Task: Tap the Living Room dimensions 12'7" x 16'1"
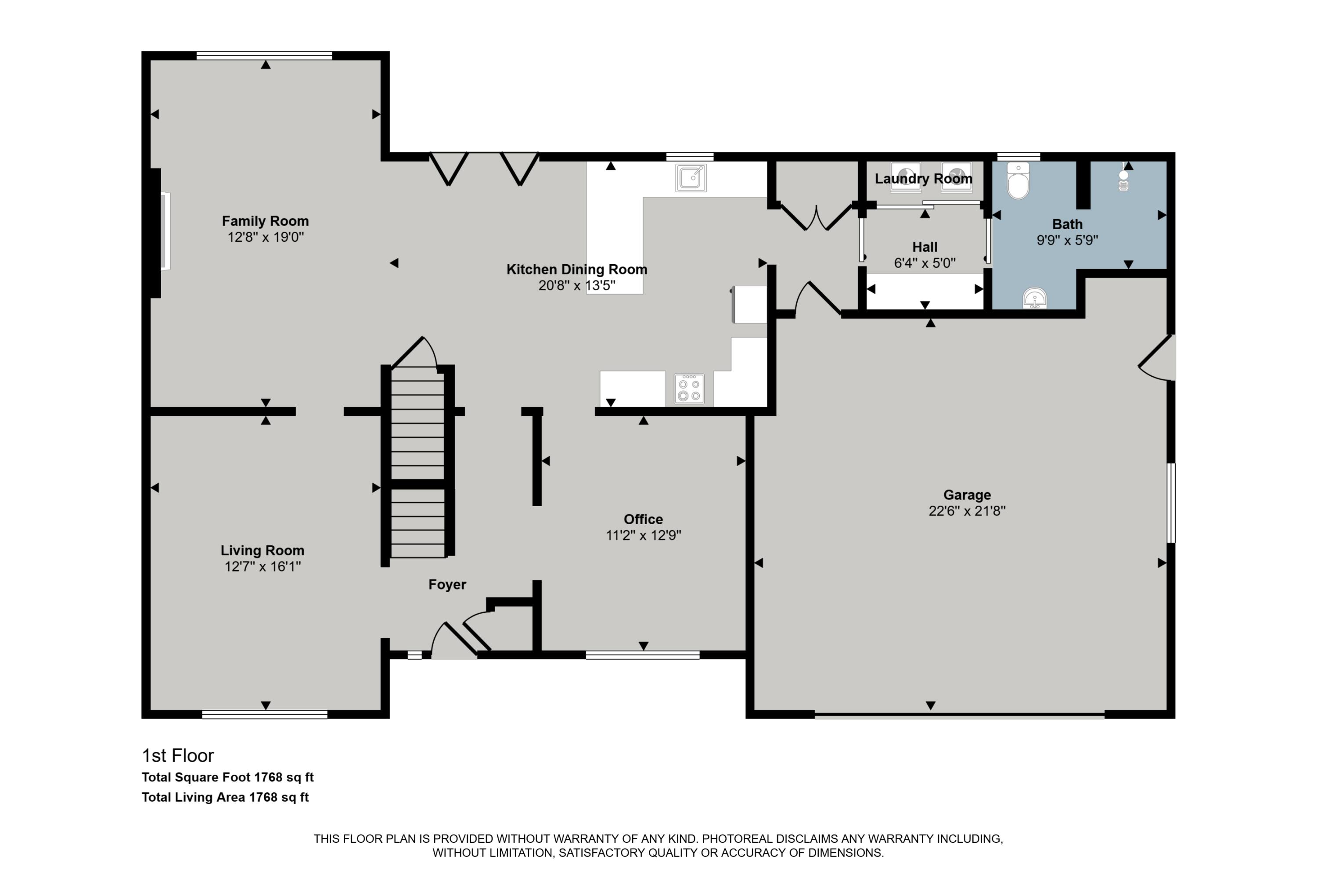point(263,567)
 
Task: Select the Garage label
point(967,495)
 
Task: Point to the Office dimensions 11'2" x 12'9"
point(644,535)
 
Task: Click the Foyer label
point(447,585)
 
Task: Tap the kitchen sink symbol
point(691,178)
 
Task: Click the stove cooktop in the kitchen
point(689,389)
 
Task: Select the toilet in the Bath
point(1018,180)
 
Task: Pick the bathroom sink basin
point(1035,299)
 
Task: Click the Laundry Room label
point(923,179)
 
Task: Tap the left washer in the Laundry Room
point(905,176)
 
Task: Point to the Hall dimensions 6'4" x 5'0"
point(925,263)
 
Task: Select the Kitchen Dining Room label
point(577,270)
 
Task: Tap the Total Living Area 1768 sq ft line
point(225,797)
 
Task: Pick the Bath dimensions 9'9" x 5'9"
point(1067,240)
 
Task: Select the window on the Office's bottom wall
point(643,655)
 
